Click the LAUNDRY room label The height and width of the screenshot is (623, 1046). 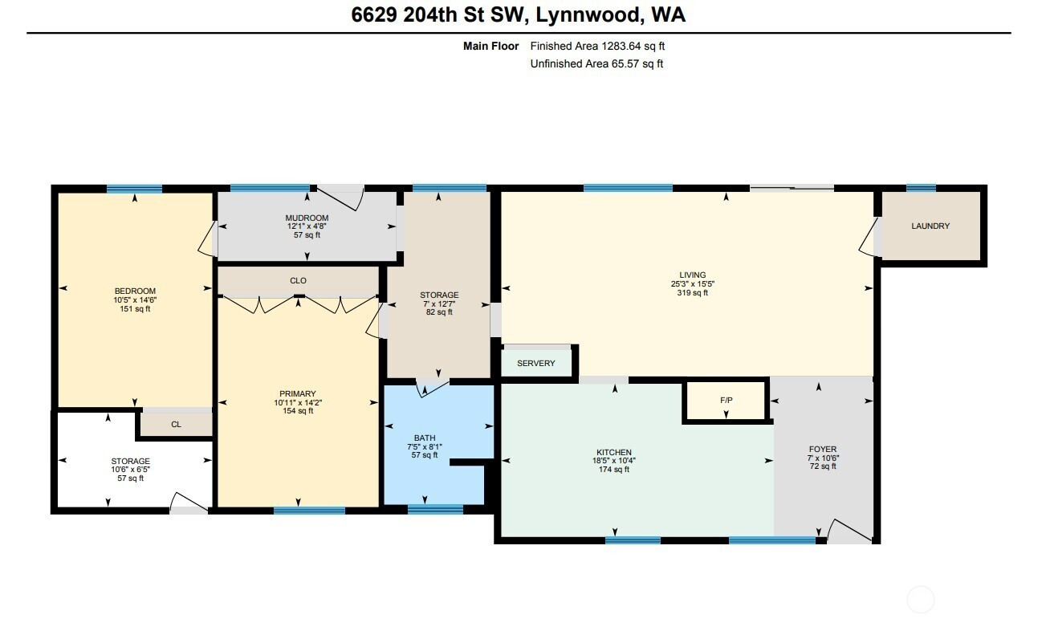coord(930,226)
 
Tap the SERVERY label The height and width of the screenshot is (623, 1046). coord(535,364)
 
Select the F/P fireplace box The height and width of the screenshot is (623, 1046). coord(726,401)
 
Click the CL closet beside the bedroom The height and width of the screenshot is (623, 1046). coord(176,425)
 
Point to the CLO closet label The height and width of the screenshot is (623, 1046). coord(298,281)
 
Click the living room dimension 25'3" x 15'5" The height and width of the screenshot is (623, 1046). coord(693,284)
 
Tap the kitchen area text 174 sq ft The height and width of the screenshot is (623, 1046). coord(614,470)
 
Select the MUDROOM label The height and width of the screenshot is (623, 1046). coord(307,218)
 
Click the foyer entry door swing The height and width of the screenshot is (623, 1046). coord(849,531)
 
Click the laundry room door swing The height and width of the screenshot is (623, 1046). coord(869,238)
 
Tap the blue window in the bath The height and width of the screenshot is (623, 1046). coord(435,509)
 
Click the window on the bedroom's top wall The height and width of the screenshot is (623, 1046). coord(135,189)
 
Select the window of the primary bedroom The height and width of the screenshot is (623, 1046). coord(309,511)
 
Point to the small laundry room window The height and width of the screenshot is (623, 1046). coord(921,188)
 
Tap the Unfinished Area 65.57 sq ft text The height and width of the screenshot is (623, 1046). coord(596,64)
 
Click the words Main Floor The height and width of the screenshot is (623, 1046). coord(490,47)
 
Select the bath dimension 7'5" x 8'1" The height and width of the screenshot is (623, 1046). coord(425,446)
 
